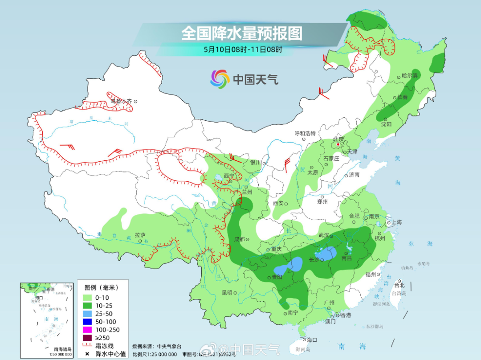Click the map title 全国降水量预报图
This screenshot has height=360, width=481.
tap(242, 33)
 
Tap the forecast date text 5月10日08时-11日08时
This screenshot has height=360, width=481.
tap(243, 49)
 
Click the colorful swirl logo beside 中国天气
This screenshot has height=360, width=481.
tap(220, 79)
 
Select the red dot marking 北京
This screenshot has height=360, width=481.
tap(338, 144)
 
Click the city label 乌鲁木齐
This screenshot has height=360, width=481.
tap(121, 101)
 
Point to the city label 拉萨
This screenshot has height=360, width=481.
tap(140, 235)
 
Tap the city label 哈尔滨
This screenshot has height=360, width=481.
tap(409, 76)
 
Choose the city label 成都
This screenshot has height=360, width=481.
tap(238, 239)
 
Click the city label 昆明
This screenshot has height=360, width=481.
tap(227, 293)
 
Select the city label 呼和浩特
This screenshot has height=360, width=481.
tap(305, 133)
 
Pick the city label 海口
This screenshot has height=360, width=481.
tap(312, 340)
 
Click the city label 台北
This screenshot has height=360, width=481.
tap(399, 285)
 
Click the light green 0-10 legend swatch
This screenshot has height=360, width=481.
tap(87, 297)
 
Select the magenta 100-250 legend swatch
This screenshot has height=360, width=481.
tap(87, 329)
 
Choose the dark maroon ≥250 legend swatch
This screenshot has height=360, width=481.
tap(87, 337)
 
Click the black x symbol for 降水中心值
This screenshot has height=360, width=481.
tap(87, 354)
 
